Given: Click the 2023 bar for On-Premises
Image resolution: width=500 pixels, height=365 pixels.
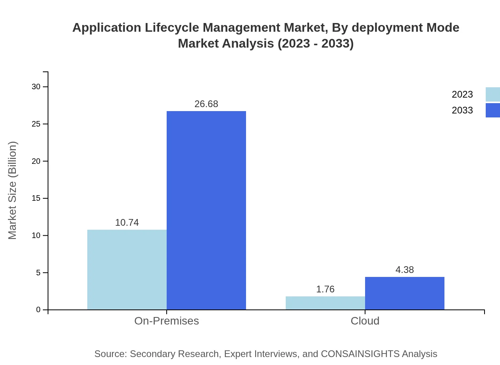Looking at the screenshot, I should (x=127, y=270).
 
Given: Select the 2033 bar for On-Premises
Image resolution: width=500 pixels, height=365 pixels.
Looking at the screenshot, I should (x=206, y=210).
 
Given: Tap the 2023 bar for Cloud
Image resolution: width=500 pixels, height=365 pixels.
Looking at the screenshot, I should (x=325, y=303).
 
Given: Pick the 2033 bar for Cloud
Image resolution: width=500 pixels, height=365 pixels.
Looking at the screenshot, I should (x=405, y=293).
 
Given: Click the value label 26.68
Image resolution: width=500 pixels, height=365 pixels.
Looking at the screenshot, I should (x=206, y=104).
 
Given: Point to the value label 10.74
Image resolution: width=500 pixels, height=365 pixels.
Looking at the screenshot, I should (x=127, y=223).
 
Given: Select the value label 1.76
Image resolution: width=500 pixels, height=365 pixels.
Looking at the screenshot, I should (x=325, y=289).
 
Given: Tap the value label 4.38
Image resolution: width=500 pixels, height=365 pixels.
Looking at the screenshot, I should (x=405, y=270).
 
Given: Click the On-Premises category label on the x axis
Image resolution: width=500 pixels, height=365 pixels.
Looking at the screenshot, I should (x=167, y=321).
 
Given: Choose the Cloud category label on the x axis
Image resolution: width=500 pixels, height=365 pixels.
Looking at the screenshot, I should (x=365, y=321).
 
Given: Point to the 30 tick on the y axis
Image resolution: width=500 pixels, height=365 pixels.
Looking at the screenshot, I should (x=36, y=86).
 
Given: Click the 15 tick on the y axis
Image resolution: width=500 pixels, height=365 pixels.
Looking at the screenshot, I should (x=36, y=198).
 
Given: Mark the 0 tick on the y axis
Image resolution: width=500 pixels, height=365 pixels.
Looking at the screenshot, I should (x=38, y=309).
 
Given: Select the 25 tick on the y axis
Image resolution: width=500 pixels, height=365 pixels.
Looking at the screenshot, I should (x=36, y=124).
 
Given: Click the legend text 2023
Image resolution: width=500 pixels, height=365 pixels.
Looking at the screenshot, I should (x=462, y=94).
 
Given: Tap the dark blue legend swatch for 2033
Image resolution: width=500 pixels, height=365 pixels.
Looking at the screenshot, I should (x=493, y=110).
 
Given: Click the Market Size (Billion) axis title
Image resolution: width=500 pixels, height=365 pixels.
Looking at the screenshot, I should (x=12, y=190).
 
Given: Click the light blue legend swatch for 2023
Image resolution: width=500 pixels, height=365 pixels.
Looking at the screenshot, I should (x=493, y=94).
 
